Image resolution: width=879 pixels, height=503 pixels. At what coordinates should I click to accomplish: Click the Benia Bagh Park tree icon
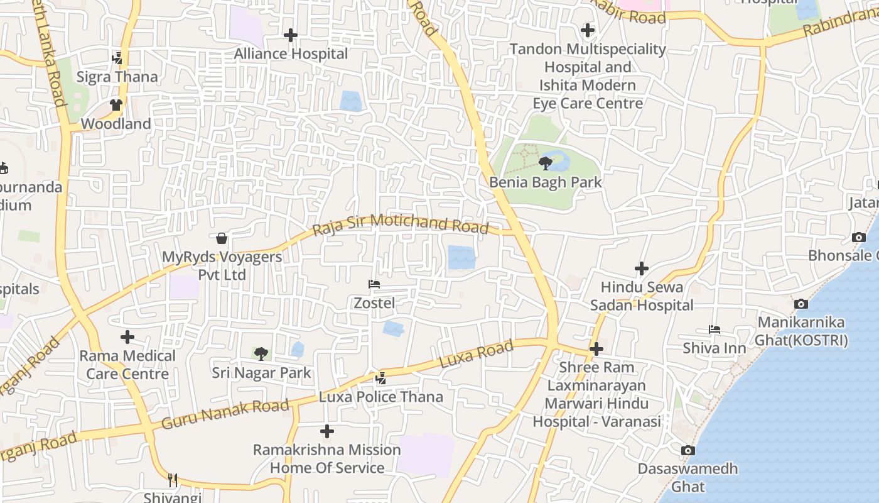(546, 164)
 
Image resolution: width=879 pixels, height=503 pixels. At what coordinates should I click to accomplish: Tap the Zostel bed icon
(374, 284)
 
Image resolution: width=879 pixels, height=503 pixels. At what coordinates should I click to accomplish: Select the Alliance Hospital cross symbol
(290, 35)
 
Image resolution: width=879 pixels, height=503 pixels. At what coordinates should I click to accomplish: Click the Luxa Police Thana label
(381, 397)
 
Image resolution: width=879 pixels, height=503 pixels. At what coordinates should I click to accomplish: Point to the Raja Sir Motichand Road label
(401, 224)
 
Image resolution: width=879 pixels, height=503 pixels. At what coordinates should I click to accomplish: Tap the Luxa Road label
(477, 354)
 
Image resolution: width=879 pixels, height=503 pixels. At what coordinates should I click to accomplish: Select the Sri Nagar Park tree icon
(261, 353)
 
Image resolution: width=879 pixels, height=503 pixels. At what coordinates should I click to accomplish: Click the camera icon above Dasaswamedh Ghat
(688, 450)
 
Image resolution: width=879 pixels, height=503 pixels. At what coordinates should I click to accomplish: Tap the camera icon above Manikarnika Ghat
(801, 304)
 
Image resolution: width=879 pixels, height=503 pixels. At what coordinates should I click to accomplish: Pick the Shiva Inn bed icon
(714, 329)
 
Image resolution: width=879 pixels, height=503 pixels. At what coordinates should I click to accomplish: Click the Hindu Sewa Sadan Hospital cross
(641, 268)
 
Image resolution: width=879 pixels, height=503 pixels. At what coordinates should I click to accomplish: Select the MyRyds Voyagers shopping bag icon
(222, 238)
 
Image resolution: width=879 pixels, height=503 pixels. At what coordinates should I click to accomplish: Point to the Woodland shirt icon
(116, 105)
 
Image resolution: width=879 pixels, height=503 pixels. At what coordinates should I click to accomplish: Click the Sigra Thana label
(117, 77)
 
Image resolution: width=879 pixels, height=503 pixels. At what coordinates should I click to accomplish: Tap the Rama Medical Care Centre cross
(127, 337)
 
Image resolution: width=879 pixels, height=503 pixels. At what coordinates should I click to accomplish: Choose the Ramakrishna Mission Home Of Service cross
(326, 431)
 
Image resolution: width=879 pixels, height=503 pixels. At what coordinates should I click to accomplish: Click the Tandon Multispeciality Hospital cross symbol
(588, 30)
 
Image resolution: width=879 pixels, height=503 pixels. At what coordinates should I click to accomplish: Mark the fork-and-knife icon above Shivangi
(173, 480)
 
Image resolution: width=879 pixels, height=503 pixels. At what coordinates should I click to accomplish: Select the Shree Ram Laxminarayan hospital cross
(596, 349)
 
